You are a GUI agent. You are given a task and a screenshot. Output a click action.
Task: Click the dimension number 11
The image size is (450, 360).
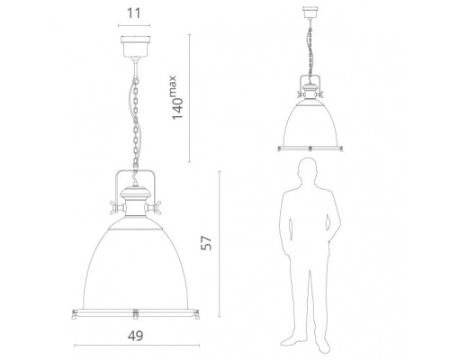(x=134, y=13)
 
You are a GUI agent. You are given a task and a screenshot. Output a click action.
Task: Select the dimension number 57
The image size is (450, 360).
(x=206, y=243)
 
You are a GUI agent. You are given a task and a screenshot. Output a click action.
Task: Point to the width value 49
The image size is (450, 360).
(x=135, y=336)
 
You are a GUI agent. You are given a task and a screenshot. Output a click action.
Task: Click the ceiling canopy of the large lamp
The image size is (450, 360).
(x=135, y=47)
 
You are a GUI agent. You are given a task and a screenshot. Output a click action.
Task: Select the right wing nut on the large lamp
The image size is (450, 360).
(x=154, y=208)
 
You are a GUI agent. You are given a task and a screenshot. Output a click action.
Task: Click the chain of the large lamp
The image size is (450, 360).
(x=136, y=126)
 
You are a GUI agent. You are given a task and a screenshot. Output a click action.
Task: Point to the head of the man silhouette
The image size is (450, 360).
(x=308, y=169)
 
